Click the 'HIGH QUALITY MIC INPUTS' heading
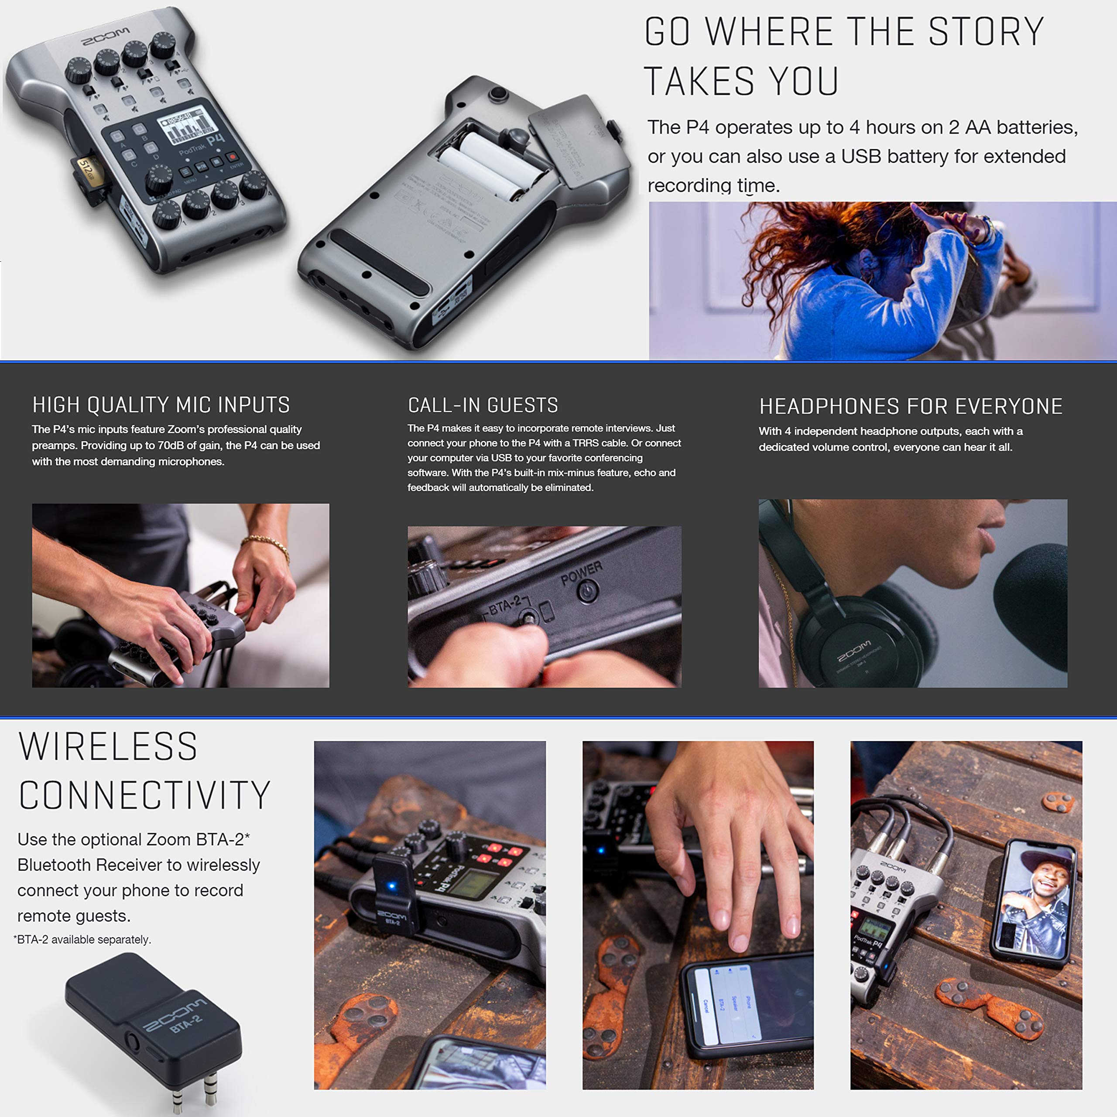pos(161,405)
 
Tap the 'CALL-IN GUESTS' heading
pos(483,405)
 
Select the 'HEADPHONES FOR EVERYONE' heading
pos(911,407)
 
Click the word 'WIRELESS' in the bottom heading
pos(108,747)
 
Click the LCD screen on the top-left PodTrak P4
pos(186,126)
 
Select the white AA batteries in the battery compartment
pos(491,165)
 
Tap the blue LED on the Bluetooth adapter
pos(391,886)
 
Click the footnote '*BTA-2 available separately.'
pos(82,939)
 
